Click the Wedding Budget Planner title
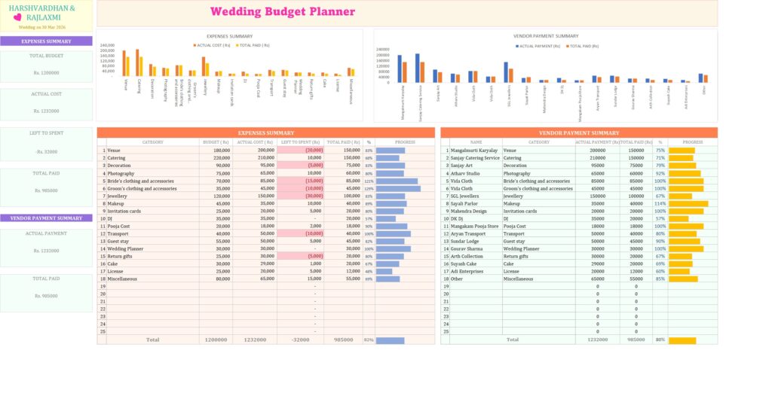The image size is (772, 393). pos(282,11)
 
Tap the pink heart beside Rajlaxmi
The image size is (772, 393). pos(17,17)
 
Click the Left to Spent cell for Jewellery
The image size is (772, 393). pos(300,196)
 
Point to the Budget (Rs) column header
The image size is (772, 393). pos(216,142)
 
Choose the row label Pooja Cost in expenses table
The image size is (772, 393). pos(118,226)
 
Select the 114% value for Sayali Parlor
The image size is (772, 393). pos(660,203)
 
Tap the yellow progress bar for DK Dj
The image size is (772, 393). pos(679,218)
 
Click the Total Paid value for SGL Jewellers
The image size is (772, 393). pos(636,196)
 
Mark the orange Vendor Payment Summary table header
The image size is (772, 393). pos(579,133)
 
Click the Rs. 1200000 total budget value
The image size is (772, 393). pos(46,73)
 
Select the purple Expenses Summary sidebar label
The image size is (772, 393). pos(46,41)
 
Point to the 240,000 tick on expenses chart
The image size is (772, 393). pos(107,44)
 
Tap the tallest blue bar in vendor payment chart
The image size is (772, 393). pos(417,68)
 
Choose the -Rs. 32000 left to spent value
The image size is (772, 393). pos(46,151)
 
